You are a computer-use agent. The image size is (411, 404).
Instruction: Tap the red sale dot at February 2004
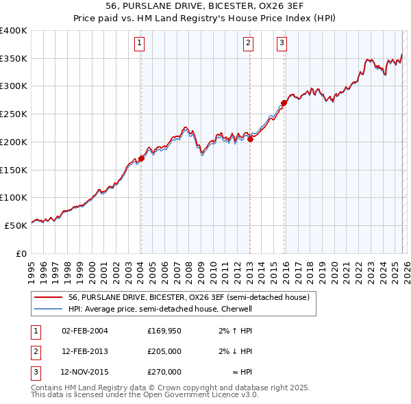[141, 158]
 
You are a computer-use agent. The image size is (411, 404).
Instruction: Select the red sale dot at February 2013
[250, 139]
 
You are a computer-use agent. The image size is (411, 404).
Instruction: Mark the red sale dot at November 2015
[284, 103]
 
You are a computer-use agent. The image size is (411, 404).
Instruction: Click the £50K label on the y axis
[16, 225]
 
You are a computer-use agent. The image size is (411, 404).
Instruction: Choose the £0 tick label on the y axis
[21, 253]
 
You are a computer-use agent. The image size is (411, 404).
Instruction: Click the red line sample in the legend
[48, 297]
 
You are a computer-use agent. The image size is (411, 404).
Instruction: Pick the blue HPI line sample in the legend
[48, 309]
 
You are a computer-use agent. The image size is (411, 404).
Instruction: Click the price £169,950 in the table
[164, 331]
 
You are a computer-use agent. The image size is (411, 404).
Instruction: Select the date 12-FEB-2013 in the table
[84, 351]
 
